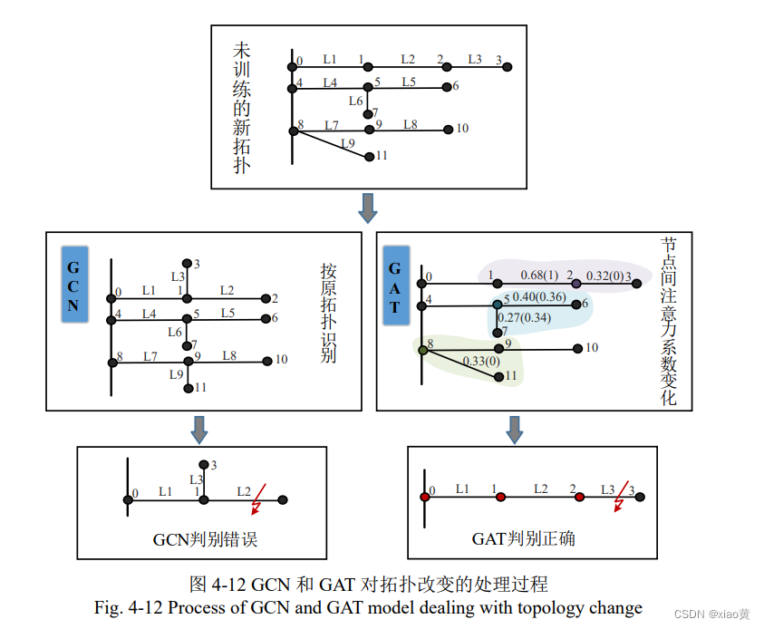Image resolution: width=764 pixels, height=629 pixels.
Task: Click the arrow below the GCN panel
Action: click(x=200, y=429)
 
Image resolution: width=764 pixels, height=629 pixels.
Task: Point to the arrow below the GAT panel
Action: click(x=515, y=429)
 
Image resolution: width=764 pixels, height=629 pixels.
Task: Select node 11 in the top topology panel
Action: click(x=369, y=157)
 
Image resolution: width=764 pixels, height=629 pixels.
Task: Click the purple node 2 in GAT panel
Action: click(x=575, y=284)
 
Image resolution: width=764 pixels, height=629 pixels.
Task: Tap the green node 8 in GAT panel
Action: click(x=422, y=349)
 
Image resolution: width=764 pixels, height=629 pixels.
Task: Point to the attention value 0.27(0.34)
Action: click(x=525, y=317)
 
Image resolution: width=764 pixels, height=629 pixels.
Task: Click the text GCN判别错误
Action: click(x=205, y=539)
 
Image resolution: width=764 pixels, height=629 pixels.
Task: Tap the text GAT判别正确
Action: click(x=523, y=539)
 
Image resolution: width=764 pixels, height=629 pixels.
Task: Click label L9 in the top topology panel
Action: click(x=348, y=142)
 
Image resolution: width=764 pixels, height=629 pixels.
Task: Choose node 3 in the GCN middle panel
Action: click(x=187, y=262)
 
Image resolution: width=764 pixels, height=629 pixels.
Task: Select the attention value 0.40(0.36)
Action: click(x=539, y=296)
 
